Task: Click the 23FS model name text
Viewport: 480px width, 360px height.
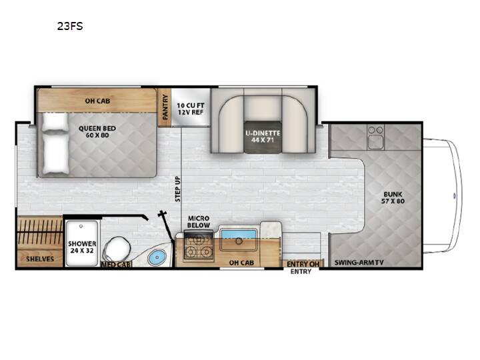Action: click(70, 26)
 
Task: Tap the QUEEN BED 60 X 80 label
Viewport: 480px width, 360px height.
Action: click(97, 131)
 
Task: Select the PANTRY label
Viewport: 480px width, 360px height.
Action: click(165, 107)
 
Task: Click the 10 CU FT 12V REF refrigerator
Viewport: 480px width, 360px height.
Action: click(191, 107)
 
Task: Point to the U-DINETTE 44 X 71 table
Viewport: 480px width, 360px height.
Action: click(263, 137)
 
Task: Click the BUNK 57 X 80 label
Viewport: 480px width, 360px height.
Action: click(393, 198)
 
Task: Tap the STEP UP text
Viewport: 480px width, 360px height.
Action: click(178, 189)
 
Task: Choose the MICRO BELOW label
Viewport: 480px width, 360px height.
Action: click(199, 221)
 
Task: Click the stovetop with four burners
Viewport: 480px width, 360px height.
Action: click(199, 247)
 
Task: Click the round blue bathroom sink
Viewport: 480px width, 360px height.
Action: click(157, 258)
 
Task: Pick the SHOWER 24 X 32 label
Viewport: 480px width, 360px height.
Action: click(82, 247)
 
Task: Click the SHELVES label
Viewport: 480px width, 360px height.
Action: click(40, 259)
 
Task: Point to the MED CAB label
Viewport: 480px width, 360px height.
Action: click(116, 264)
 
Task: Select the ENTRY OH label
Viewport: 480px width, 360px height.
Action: click(303, 264)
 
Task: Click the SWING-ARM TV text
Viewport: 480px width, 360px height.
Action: click(359, 263)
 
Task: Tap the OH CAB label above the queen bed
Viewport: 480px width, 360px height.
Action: click(97, 101)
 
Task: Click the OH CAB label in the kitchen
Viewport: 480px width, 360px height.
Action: click(241, 263)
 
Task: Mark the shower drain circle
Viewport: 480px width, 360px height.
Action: click(81, 226)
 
